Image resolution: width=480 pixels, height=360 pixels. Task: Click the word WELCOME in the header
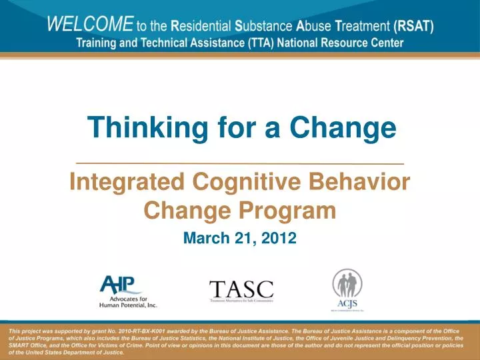89,25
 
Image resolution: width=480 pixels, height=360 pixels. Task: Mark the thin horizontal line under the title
240,163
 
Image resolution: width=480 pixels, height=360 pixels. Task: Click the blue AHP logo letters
121,285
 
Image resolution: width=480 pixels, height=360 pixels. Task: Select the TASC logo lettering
241,289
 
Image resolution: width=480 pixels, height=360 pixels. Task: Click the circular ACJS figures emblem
347,283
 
